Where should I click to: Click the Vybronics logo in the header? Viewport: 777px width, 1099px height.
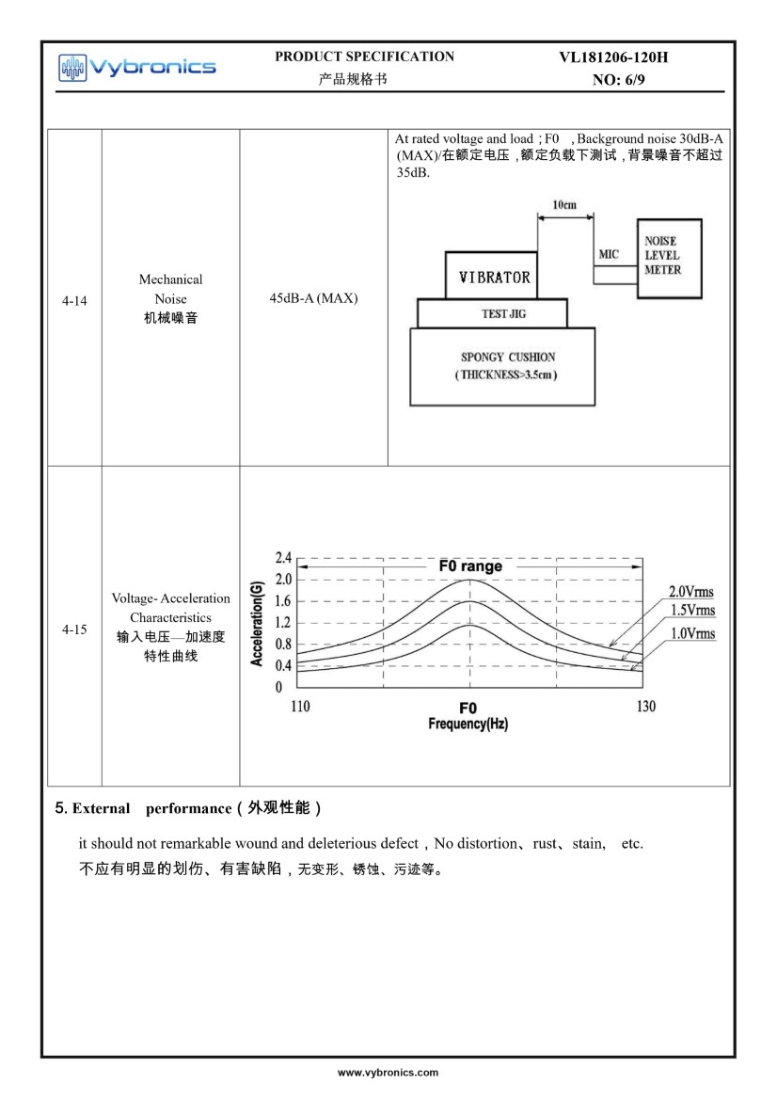click(137, 66)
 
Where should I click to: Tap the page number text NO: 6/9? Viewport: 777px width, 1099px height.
click(618, 80)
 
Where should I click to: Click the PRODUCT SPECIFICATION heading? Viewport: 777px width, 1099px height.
click(364, 56)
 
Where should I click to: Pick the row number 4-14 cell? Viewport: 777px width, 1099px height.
click(74, 302)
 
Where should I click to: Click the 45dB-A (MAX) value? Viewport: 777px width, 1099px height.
click(313, 298)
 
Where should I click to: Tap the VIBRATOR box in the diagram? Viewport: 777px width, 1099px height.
click(493, 277)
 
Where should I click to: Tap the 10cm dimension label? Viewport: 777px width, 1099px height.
click(564, 204)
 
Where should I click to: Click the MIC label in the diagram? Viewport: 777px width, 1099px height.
click(609, 255)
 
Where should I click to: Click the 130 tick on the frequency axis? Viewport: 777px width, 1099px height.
click(645, 706)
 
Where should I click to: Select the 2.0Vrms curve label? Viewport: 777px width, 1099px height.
click(690, 592)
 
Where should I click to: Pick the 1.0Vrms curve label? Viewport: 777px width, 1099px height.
click(692, 633)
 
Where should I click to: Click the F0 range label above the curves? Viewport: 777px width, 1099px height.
click(470, 566)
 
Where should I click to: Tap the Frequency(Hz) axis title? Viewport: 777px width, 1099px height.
click(468, 724)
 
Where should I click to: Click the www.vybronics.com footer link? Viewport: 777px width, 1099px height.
click(388, 1072)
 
